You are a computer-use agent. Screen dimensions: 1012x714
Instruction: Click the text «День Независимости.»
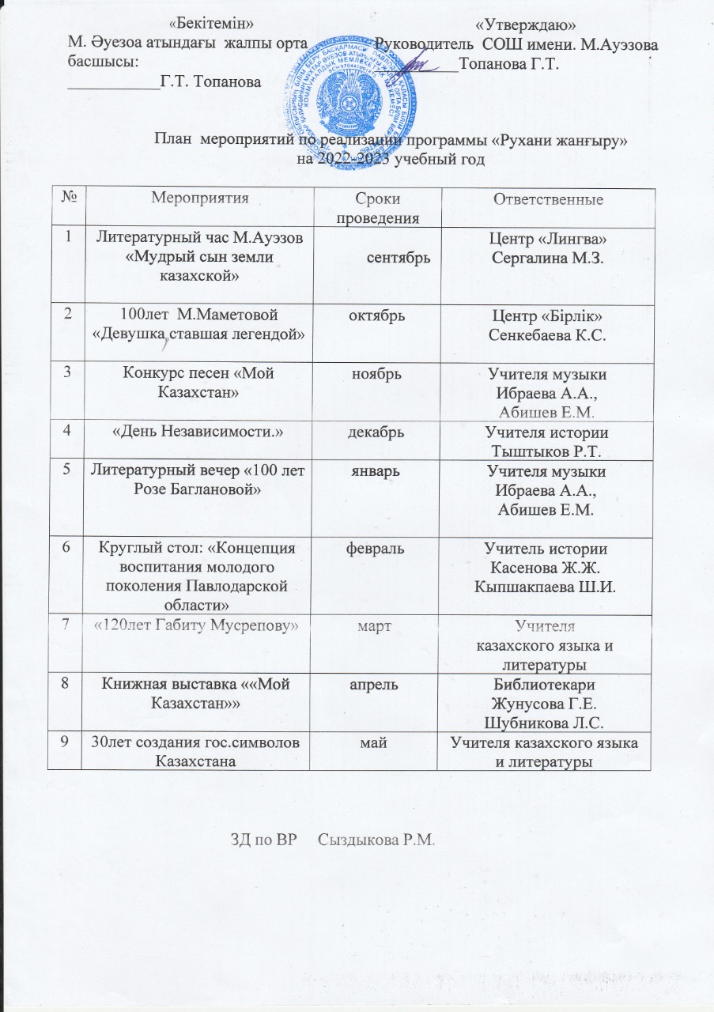[201, 431]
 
